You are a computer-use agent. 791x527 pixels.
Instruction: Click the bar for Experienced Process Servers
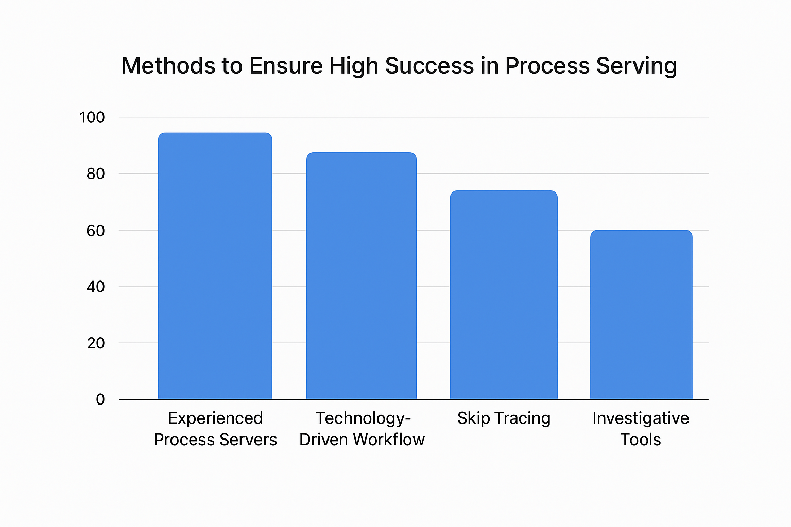215,266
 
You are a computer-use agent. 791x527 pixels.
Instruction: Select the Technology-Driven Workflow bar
361,276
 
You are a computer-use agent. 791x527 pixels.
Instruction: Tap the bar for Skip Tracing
504,295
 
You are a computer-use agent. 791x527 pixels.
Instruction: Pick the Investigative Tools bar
641,314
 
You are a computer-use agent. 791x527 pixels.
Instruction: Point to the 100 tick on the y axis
92,117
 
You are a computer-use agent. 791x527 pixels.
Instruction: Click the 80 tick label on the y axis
96,174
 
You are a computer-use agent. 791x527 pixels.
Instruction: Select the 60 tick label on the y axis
96,231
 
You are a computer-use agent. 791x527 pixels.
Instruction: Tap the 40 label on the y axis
96,287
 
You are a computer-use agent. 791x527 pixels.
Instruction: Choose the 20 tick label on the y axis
96,343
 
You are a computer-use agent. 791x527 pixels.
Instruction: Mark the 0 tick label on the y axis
100,399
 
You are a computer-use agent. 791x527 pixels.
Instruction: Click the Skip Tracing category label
504,418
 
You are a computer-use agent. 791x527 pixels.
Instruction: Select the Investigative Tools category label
641,429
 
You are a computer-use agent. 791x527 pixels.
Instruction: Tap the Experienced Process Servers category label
215,429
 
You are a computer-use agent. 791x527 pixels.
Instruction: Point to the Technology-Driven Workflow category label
362,429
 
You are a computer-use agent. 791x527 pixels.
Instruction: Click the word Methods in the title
168,66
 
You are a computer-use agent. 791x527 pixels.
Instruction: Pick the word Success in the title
429,66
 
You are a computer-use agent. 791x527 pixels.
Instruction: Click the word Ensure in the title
286,66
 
